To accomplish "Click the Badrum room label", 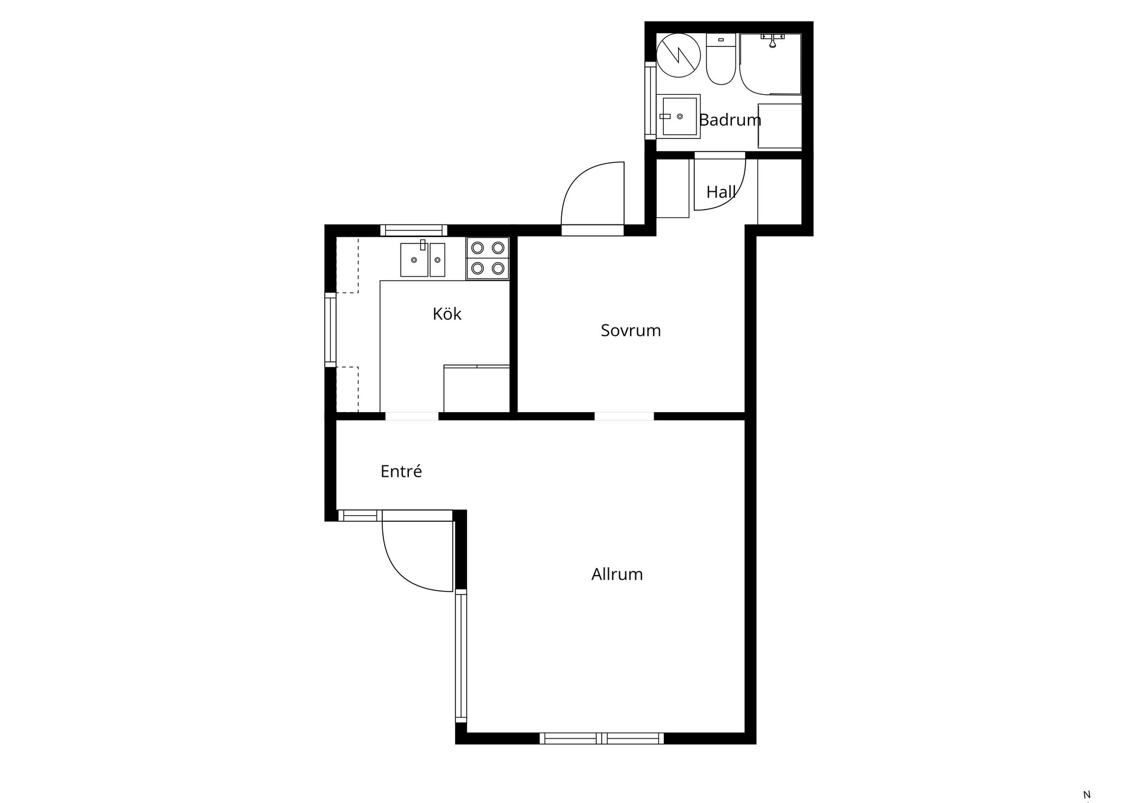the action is point(730,120).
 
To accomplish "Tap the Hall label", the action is point(721,192).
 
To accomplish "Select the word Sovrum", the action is point(631,330).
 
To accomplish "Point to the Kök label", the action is point(447,314).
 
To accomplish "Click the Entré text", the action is point(401,471).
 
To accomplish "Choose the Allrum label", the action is point(617,574).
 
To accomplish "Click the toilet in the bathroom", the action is point(721,59).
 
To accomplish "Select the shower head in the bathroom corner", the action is point(772,40).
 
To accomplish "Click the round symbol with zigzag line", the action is point(679,55).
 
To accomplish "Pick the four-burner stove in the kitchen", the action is point(488,258).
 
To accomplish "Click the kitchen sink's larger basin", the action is point(414,260).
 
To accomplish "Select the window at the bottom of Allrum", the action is point(602,738).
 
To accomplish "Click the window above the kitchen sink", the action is point(414,230).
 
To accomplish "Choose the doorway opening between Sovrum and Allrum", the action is point(624,416).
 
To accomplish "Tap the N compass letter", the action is point(1087,795).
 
